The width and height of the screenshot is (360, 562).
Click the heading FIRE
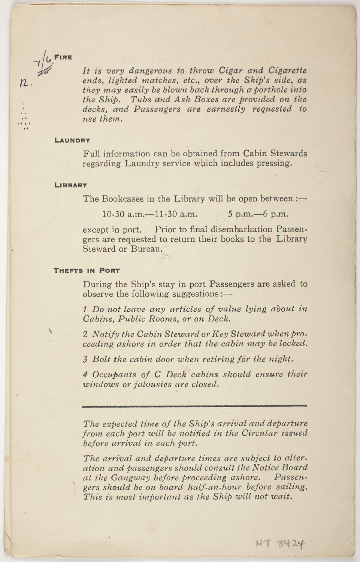(x=63, y=57)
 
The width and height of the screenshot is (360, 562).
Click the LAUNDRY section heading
(x=72, y=140)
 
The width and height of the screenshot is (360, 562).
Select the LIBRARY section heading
(x=71, y=185)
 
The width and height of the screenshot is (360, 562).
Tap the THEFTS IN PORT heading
(x=87, y=270)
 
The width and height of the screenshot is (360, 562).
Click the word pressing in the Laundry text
(x=276, y=164)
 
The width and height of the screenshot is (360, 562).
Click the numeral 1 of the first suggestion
(x=85, y=309)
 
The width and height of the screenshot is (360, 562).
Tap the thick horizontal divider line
(x=194, y=406)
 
